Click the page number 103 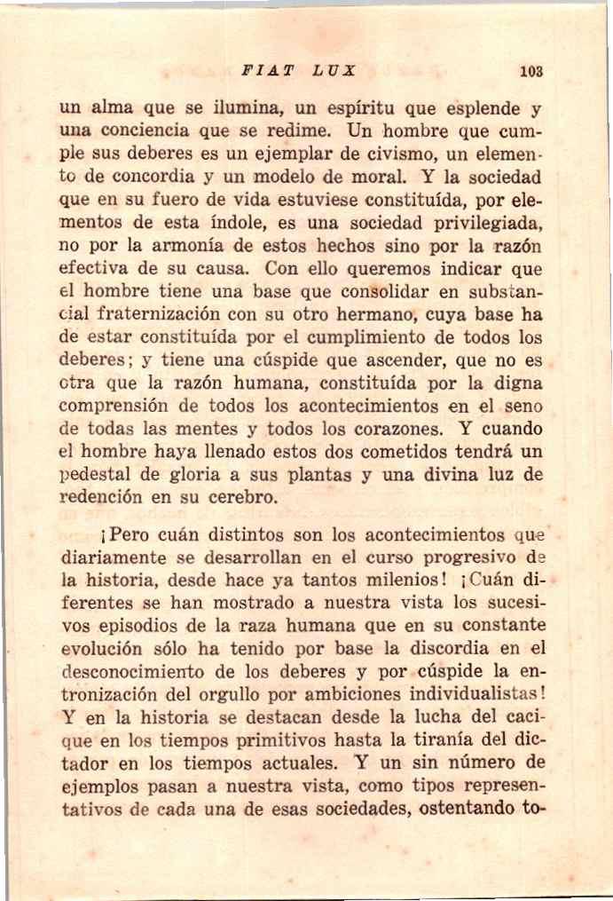532,71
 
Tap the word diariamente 114,559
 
